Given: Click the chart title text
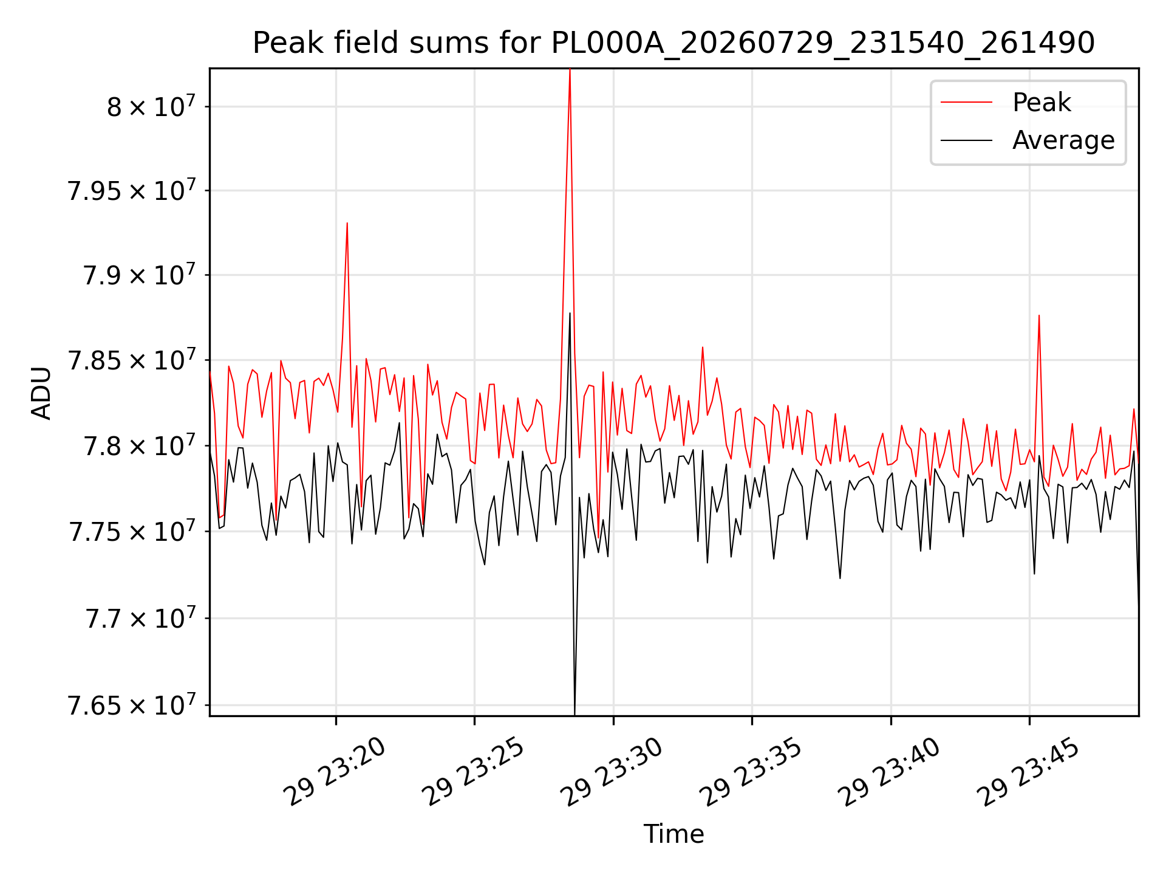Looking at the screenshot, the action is (x=673, y=43).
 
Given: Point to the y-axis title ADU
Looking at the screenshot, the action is (x=42, y=393).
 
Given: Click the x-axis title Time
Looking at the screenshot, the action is (x=673, y=834).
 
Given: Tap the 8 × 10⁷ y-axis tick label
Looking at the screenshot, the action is (x=151, y=106).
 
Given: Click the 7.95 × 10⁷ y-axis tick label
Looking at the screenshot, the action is (x=131, y=190).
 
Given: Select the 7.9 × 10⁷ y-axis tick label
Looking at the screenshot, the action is (x=139, y=275).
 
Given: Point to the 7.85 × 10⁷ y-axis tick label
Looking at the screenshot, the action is (x=131, y=360).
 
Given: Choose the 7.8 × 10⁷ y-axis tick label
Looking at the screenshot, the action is (x=139, y=445).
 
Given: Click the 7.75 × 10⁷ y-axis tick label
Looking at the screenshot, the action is (x=131, y=532).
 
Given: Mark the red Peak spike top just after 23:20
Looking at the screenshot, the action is (x=347, y=223).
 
